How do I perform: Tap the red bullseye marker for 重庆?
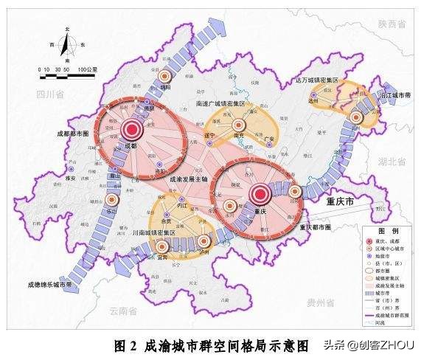[259, 195]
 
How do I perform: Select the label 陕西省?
[392, 24]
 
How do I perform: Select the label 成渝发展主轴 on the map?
[189, 179]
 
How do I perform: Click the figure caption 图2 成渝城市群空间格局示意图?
[213, 344]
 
